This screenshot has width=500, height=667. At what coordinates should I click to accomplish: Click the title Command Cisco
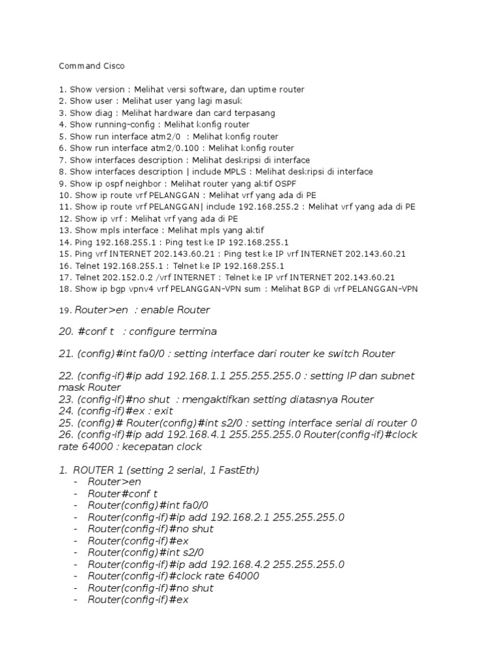[91, 66]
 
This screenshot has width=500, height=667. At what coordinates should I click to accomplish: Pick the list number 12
[64, 218]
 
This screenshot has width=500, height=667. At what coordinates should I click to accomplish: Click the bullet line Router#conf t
[123, 494]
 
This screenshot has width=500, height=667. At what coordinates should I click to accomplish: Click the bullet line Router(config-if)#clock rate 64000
[173, 576]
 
